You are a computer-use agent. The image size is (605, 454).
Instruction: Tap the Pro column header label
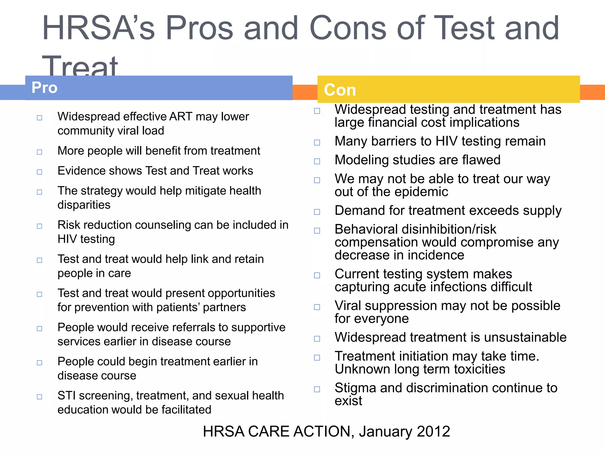[44, 87]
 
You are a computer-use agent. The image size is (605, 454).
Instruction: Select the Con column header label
[340, 90]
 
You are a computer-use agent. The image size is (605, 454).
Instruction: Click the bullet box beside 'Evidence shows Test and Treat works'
[40, 172]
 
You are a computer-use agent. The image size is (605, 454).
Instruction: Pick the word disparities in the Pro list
[84, 205]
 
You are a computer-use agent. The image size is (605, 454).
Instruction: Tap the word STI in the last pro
[66, 395]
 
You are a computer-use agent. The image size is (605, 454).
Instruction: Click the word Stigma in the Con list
[355, 388]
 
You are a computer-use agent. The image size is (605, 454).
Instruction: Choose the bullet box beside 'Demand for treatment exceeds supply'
[317, 212]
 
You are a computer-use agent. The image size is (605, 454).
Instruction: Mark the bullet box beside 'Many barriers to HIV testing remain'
[317, 142]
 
